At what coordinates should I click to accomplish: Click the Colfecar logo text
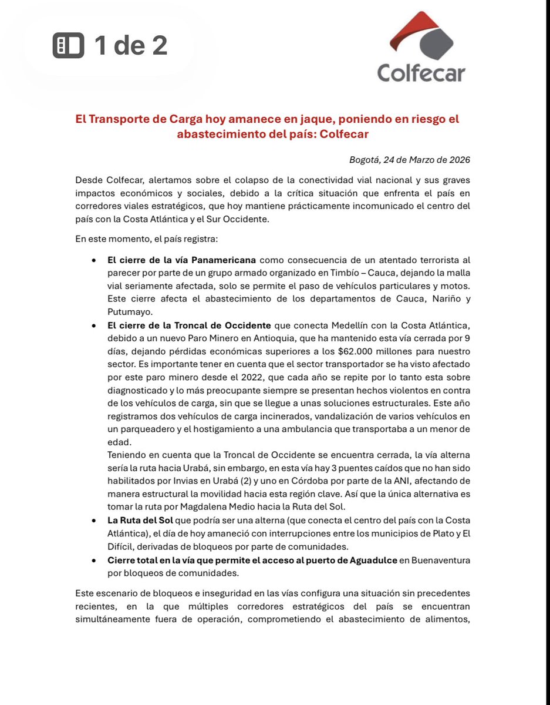[421, 72]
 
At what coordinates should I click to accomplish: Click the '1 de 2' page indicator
[131, 46]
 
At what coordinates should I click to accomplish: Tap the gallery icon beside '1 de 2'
[69, 46]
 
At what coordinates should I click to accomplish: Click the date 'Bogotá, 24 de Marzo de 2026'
[410, 160]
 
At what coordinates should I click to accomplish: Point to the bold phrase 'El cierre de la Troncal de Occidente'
[189, 325]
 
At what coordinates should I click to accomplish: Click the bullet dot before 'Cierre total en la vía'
[94, 560]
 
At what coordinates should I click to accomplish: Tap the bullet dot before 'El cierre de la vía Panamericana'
[94, 260]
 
